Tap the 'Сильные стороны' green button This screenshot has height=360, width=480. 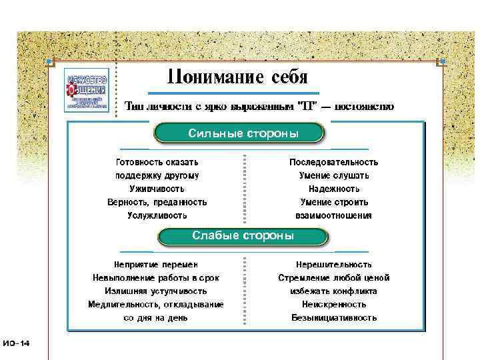tap(239, 133)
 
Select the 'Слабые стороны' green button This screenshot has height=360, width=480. tap(242, 236)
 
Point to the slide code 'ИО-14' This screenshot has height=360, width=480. tap(16, 343)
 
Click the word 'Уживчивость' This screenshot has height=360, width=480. tap(157, 189)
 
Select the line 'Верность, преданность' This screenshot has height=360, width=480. tap(157, 202)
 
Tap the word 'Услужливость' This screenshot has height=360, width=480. tap(157, 215)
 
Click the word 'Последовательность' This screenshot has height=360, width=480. tap(333, 162)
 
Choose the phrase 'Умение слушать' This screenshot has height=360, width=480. tap(333, 175)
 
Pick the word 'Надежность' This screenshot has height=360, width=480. tap(333, 189)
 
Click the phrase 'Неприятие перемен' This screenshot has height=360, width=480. tap(155, 265)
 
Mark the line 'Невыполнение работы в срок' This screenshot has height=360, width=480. tap(155, 278)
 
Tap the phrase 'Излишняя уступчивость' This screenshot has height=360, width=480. tap(155, 291)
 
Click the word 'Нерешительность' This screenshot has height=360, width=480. tap(333, 265)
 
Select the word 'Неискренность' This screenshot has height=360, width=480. tap(333, 305)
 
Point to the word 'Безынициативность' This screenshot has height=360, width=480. tap(333, 318)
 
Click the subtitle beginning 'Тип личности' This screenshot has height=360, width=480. tap(259, 106)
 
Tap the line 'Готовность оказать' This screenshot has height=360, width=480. tap(157, 162)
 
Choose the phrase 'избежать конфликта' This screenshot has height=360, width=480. tap(333, 291)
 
